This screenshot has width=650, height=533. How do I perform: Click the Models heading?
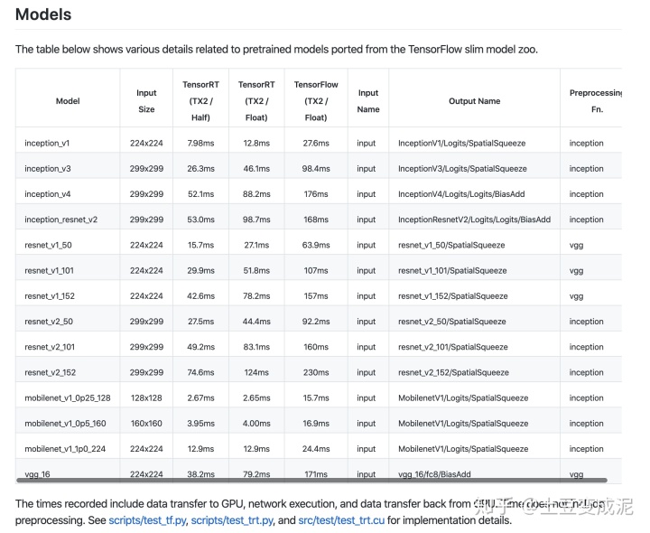pos(43,14)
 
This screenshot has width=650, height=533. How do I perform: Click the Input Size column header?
pos(146,101)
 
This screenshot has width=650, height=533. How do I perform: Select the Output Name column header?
pos(474,101)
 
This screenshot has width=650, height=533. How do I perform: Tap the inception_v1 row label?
pos(47,143)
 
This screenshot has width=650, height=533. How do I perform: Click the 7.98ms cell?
pos(200,143)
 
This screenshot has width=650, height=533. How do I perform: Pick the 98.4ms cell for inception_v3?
pos(316,168)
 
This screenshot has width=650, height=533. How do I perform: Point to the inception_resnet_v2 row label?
pos(61,220)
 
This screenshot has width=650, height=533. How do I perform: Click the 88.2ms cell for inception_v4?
pos(256,194)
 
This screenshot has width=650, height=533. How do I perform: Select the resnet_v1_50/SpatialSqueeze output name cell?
pos(451,245)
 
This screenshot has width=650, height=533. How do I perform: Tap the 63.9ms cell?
pos(316,245)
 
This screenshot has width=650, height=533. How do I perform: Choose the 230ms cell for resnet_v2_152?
pos(316,372)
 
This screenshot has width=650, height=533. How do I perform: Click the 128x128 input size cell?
pos(146,397)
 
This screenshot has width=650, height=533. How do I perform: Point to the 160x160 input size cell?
pos(146,423)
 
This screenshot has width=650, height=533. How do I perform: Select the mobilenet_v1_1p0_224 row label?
pos(65,449)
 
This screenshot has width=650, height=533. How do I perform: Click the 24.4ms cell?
pos(316,449)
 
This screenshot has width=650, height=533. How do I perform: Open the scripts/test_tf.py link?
pos(148,520)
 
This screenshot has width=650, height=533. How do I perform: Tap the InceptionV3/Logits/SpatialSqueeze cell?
pos(461,168)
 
